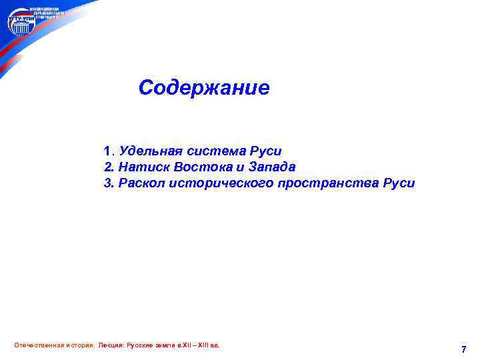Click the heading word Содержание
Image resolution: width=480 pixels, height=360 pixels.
pyautogui.click(x=204, y=88)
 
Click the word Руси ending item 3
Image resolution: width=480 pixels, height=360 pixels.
pyautogui.click(x=399, y=183)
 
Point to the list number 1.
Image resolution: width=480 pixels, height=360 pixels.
pyautogui.click(x=107, y=151)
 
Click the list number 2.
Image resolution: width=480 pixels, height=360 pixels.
pyautogui.click(x=107, y=167)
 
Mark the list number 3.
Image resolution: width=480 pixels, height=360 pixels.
pyautogui.click(x=107, y=183)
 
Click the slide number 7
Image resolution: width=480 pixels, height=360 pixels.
pyautogui.click(x=463, y=349)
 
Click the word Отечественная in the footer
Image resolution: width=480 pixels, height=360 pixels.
pyautogui.click(x=37, y=345)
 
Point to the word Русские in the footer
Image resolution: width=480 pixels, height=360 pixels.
pyautogui.click(x=142, y=345)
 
